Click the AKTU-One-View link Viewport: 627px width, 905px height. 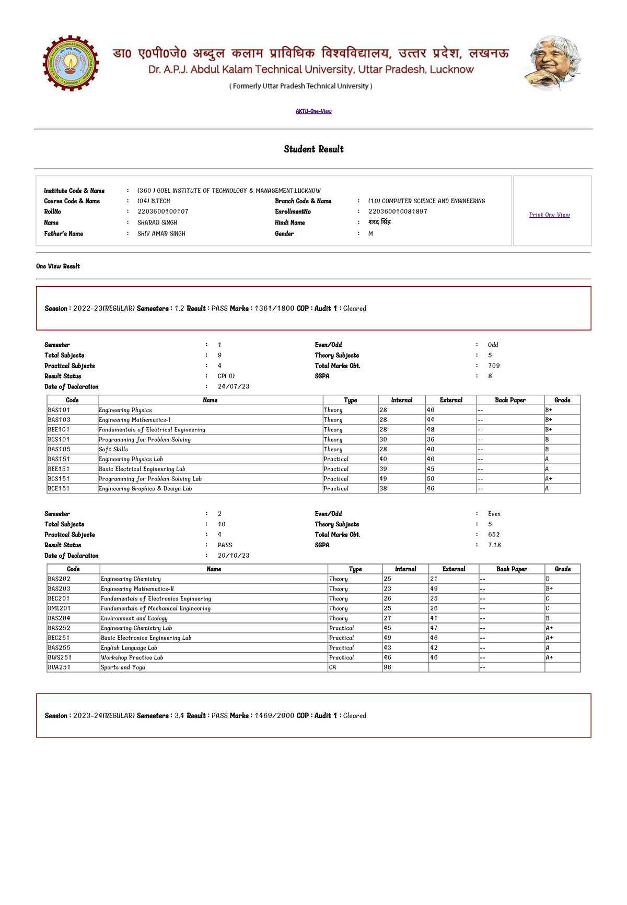(x=313, y=111)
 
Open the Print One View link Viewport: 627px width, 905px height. (x=549, y=215)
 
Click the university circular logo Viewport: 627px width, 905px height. (x=71, y=63)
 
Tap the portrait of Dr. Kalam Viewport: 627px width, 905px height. (x=553, y=63)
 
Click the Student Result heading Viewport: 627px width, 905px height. (x=313, y=149)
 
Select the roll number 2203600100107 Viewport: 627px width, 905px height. (x=162, y=211)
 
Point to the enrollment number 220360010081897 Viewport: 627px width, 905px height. (x=398, y=211)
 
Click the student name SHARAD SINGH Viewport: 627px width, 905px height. (x=157, y=222)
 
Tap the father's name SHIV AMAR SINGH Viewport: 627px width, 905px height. (x=161, y=233)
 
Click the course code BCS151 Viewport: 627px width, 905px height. (x=59, y=478)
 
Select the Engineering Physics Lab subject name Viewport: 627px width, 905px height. (x=131, y=459)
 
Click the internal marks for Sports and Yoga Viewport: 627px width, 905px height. (x=387, y=667)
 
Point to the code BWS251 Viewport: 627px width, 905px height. (x=60, y=657)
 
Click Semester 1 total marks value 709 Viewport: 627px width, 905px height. (x=494, y=366)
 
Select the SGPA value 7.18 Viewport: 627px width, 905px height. (x=494, y=545)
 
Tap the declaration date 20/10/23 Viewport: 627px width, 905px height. (x=233, y=556)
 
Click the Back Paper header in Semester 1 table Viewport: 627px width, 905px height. (x=510, y=400)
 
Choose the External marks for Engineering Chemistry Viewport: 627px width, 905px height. (x=434, y=579)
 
